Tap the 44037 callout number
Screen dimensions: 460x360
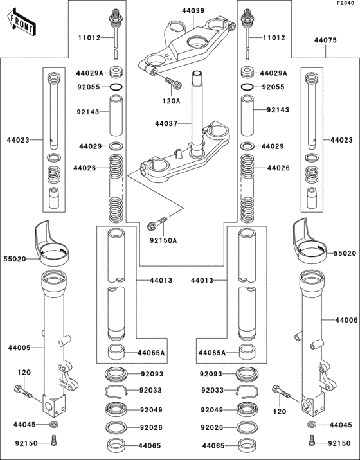coord(165,122)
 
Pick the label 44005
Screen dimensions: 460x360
coord(19,348)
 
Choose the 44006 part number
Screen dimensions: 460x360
coord(346,319)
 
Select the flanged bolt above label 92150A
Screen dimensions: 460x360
coord(155,225)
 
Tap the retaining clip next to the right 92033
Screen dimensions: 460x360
coord(246,390)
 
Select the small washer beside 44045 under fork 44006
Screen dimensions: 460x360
coord(311,425)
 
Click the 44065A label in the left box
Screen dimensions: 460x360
coord(152,353)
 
